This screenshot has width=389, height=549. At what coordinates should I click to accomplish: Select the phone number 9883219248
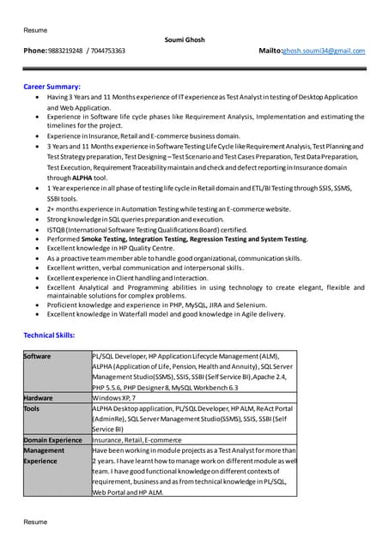[65, 51]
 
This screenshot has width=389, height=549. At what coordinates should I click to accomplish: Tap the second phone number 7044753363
[107, 51]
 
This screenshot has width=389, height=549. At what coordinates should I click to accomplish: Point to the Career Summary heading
[52, 87]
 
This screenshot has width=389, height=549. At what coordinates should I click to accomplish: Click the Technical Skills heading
[49, 335]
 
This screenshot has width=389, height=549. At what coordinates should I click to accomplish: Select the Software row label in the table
[37, 355]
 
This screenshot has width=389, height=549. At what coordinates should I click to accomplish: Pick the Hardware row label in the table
[39, 397]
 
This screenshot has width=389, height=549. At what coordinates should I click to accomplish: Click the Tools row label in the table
[32, 408]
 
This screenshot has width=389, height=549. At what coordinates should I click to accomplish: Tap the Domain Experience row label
[53, 439]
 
